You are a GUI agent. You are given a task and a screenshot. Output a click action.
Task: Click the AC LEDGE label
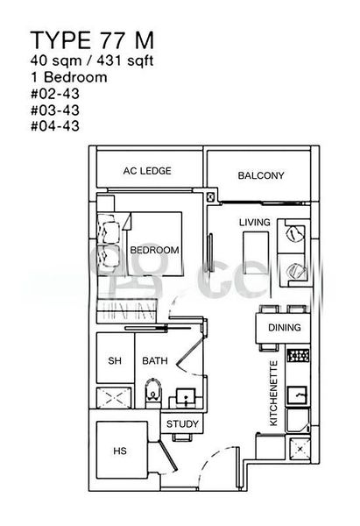tap(147, 171)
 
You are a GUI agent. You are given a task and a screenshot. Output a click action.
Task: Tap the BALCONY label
tap(261, 176)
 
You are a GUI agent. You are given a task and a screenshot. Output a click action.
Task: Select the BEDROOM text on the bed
tap(154, 250)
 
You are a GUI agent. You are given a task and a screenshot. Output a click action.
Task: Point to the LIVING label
tap(254, 222)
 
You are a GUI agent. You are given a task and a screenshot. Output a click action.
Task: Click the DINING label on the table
tap(284, 329)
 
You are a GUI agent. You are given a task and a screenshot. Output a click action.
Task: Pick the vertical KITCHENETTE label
tap(273, 394)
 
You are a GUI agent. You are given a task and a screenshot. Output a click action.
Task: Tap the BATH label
tap(155, 360)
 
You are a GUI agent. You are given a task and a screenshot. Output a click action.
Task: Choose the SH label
tap(114, 360)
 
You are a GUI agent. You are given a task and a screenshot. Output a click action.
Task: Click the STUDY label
tap(184, 424)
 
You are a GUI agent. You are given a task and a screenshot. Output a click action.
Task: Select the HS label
tap(120, 451)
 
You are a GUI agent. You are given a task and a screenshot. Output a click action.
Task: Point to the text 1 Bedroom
tap(67, 78)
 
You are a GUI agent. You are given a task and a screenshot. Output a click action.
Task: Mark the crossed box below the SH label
tap(115, 398)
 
